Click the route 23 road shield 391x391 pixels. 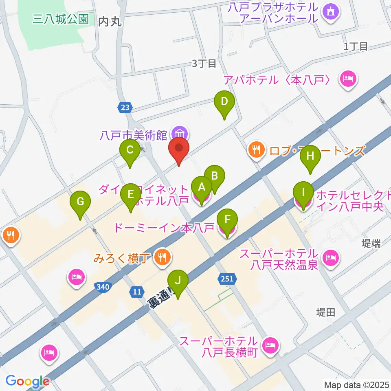coord(125,108)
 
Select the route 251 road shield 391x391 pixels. coord(227,279)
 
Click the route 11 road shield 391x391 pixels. coord(137,292)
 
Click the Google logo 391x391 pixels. coord(27,381)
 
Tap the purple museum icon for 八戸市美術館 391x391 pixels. coord(180,133)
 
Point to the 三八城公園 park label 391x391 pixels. coord(61,19)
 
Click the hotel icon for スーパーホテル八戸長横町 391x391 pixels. coord(270,346)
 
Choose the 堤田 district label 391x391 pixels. coord(326,312)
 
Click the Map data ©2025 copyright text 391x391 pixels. coord(357,384)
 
